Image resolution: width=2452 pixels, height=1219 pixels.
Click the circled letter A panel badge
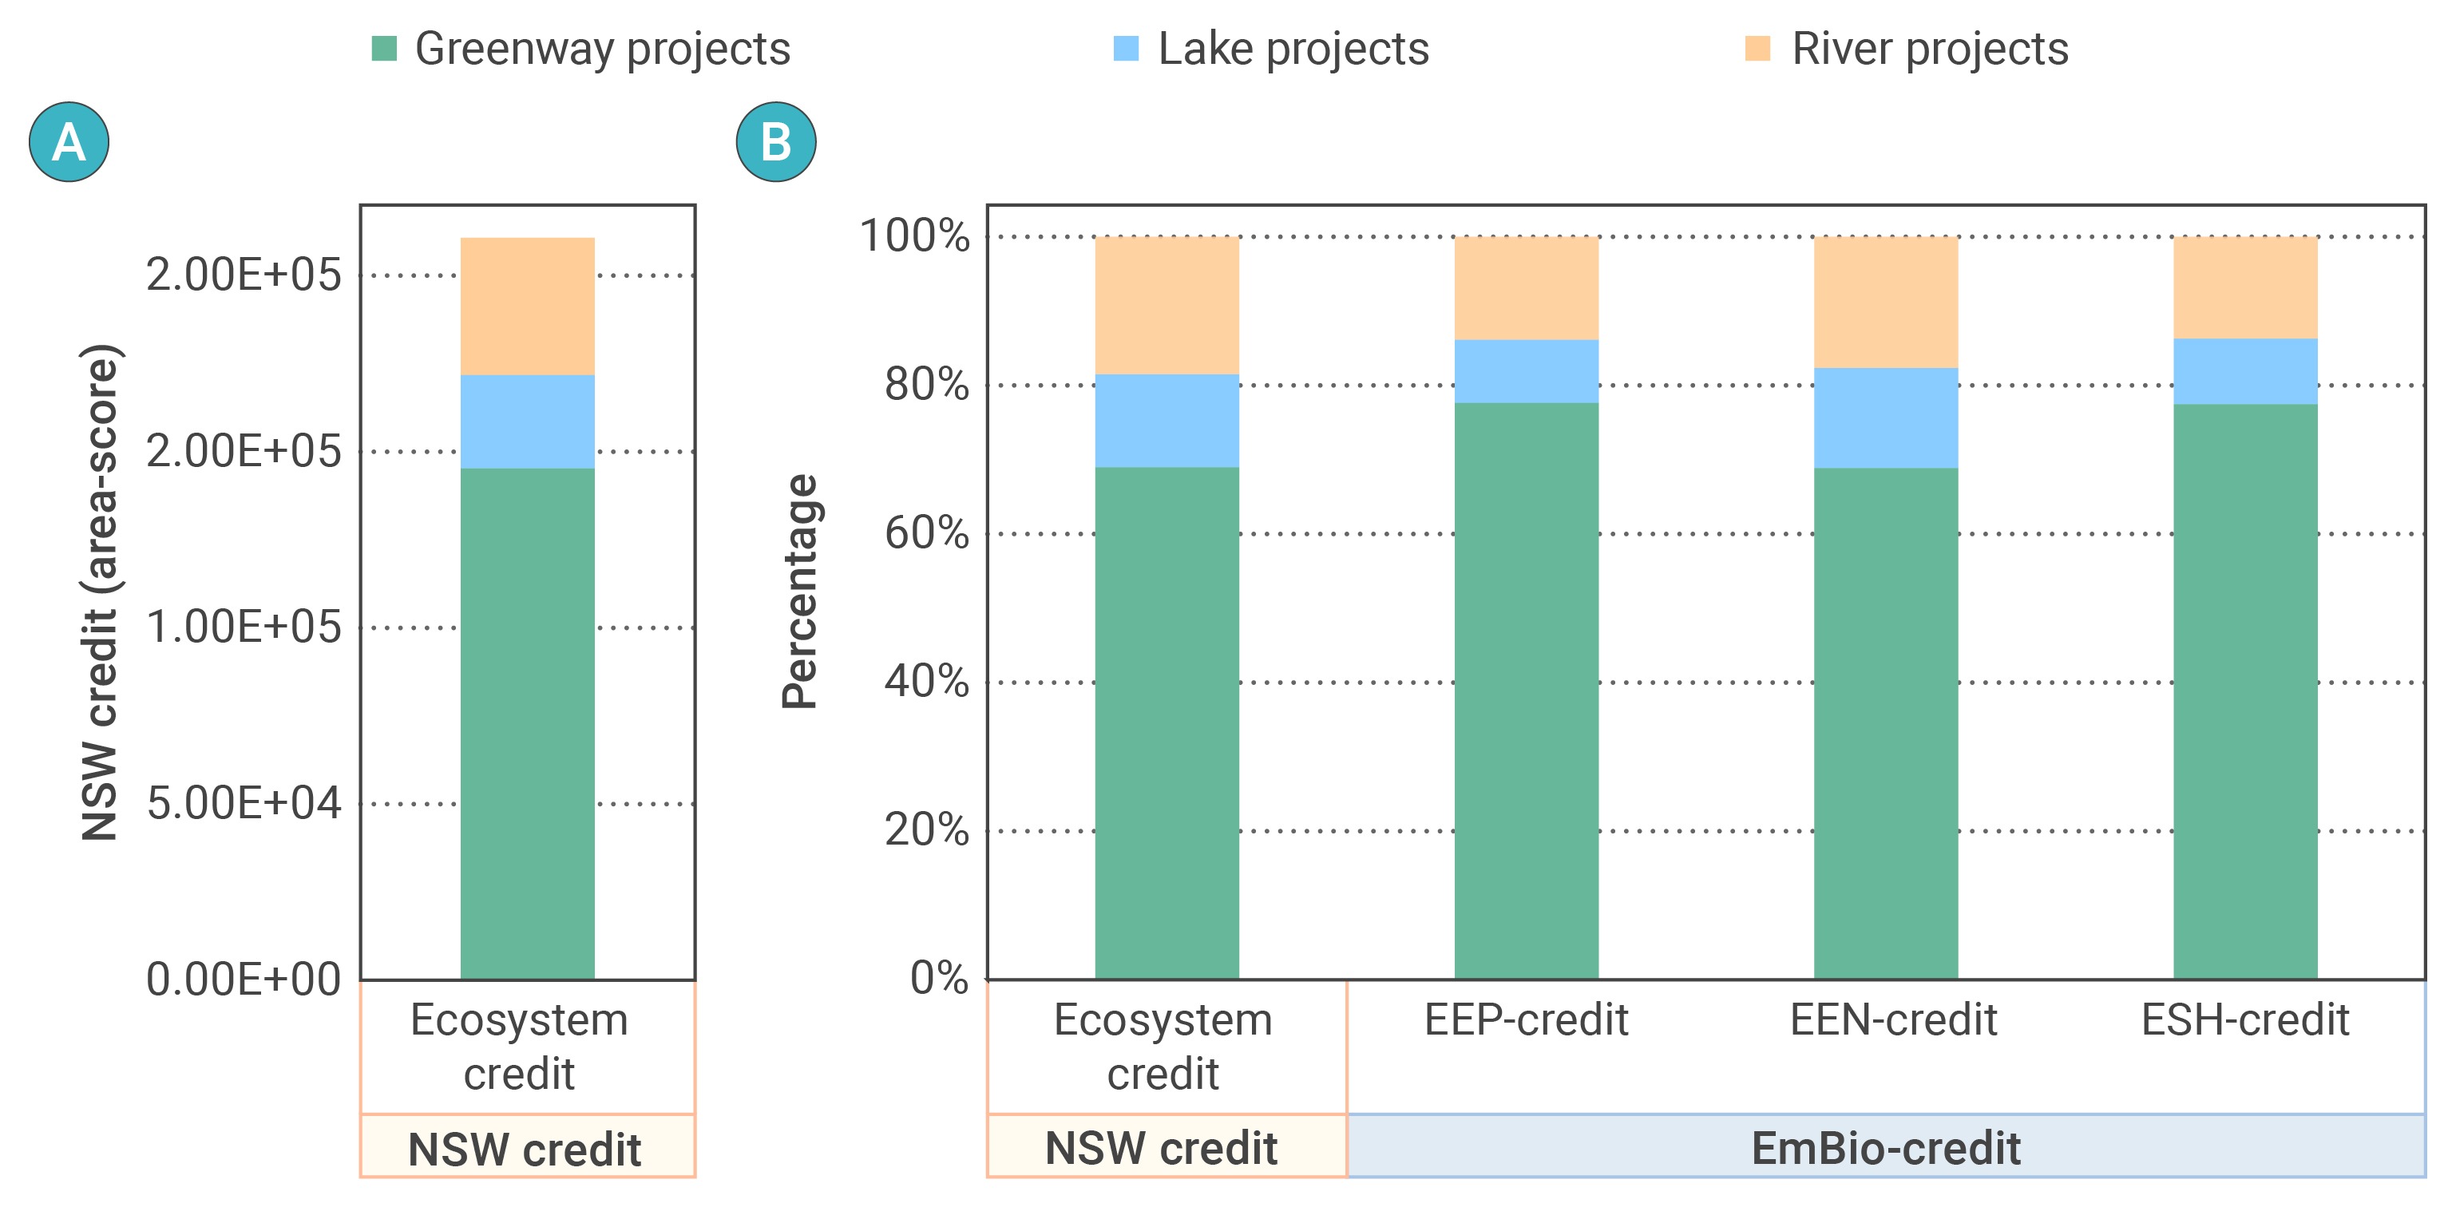click(x=69, y=142)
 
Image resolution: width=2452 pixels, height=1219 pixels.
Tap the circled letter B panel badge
click(x=776, y=142)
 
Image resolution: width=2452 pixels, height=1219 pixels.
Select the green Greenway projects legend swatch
click(x=383, y=49)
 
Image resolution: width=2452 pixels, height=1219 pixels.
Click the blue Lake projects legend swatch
click(x=1126, y=49)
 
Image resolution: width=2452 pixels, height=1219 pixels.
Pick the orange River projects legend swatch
click(x=1757, y=49)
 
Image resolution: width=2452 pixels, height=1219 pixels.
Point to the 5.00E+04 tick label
click(x=244, y=803)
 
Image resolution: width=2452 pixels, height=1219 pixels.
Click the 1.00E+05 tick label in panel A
click(x=244, y=627)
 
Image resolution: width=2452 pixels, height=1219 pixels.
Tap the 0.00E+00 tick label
click(x=244, y=980)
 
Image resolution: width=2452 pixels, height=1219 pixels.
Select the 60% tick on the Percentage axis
click(x=926, y=533)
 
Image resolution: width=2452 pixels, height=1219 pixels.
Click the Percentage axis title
click(x=799, y=591)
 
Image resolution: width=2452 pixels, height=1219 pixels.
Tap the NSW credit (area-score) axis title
click(x=99, y=591)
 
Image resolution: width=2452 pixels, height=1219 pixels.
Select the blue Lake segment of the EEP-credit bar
click(x=1526, y=371)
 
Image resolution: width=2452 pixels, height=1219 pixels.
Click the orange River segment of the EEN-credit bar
click(x=1886, y=302)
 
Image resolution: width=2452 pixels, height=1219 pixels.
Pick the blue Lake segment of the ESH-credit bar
click(x=2244, y=371)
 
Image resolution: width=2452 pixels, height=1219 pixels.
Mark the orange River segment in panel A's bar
click(x=527, y=306)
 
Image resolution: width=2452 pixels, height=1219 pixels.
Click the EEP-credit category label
click(x=1526, y=1019)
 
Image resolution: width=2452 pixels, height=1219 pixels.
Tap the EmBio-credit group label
click(x=1886, y=1148)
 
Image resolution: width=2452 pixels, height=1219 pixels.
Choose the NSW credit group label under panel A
click(x=525, y=1149)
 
